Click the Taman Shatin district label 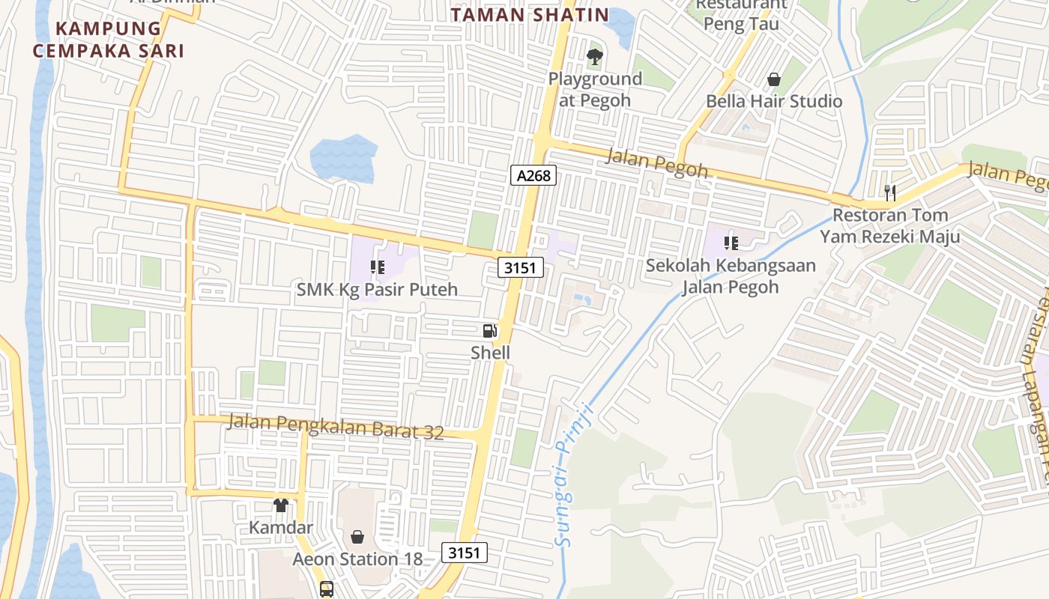(530, 14)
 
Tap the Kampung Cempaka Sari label (119, 40)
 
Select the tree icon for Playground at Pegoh (595, 56)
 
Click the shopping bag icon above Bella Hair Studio (774, 79)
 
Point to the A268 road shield (533, 176)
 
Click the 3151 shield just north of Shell (521, 267)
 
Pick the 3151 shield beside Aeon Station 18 (465, 553)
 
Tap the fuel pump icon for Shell (490, 330)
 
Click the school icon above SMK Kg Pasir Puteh (377, 267)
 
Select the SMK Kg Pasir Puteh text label (377, 289)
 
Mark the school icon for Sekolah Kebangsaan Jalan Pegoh (731, 243)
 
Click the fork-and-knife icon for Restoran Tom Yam (889, 193)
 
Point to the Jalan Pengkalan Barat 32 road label (336, 427)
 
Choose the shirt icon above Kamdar (281, 505)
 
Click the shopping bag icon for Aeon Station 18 (357, 537)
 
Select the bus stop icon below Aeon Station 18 (327, 589)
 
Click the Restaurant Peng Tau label (741, 14)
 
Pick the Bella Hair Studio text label (774, 101)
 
